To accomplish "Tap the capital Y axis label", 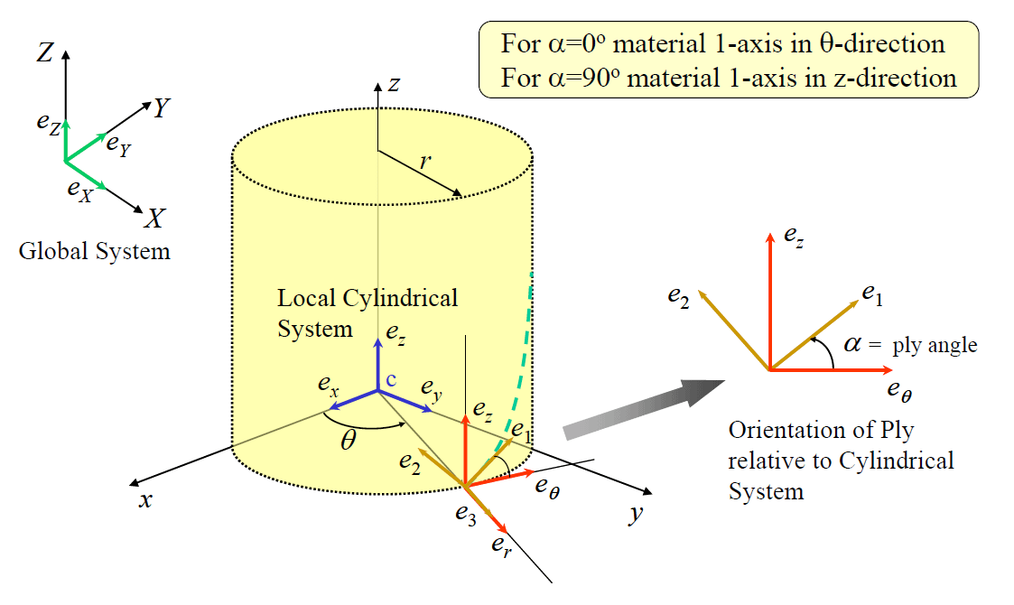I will click(x=162, y=109).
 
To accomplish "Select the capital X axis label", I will click(x=156, y=219).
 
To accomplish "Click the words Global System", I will click(x=95, y=251).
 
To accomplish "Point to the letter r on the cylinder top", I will click(x=423, y=163).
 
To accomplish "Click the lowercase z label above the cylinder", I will click(x=394, y=84).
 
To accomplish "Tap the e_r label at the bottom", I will click(x=501, y=544).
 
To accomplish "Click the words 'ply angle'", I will click(x=935, y=345).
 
